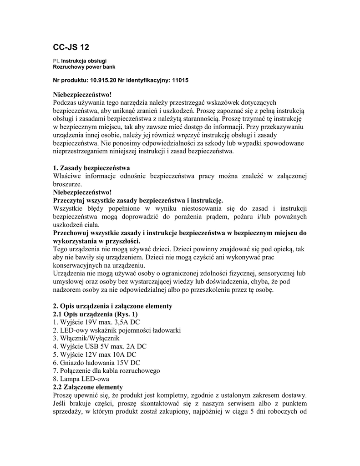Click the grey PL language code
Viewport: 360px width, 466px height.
[56, 61]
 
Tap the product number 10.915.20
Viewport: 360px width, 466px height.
[103, 80]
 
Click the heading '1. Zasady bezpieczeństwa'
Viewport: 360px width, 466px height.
[91, 168]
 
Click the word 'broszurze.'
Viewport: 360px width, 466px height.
[68, 184]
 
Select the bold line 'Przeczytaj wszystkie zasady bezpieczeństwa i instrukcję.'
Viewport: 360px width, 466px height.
[138, 200]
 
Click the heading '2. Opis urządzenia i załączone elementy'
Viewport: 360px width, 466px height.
[112, 306]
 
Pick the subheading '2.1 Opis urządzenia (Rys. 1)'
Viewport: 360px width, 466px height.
[96, 314]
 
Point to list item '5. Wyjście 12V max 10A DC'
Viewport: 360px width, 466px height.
[95, 355]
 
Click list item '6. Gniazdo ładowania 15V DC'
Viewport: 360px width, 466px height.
[96, 363]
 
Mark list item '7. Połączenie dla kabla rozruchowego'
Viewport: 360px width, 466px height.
[106, 371]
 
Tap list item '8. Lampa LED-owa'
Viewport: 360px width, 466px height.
[81, 379]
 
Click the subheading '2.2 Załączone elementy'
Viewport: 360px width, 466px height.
[88, 387]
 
